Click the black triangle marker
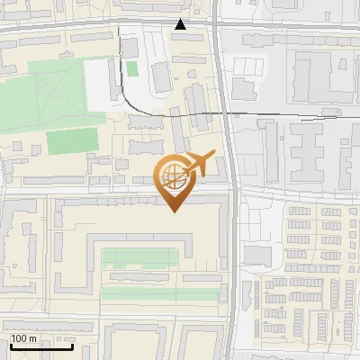(x=181, y=25)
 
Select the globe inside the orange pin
(x=174, y=175)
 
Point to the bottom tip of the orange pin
(x=174, y=212)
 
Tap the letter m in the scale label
(x=33, y=338)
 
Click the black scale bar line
(x=40, y=346)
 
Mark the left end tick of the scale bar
(x=10, y=345)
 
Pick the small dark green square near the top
(x=132, y=68)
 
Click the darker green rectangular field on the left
(x=72, y=141)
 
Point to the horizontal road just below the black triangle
(x=180, y=36)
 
